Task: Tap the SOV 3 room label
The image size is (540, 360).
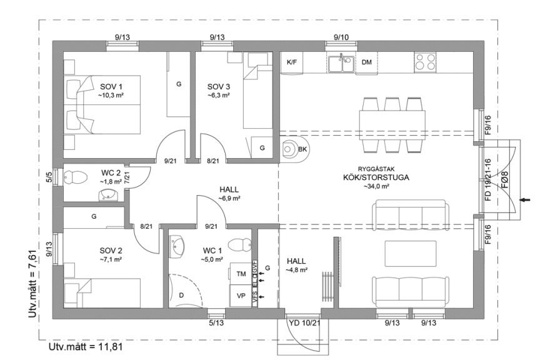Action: coord(219,86)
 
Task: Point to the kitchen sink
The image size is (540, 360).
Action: coord(341,62)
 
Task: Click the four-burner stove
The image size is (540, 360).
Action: coord(426,61)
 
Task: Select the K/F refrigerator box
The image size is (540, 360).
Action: coord(291,62)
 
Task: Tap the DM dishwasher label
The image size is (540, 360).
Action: coord(367,62)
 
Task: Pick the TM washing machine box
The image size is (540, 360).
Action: coord(241,274)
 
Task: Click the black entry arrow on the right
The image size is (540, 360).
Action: coord(526,200)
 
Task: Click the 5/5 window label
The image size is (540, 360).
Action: coord(49,176)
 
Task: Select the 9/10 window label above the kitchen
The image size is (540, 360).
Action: coord(341,37)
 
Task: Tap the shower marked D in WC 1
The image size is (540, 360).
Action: coord(181,294)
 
